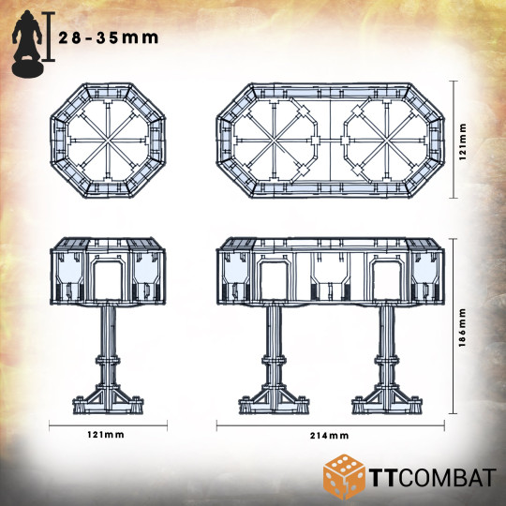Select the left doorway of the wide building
[x=275, y=280]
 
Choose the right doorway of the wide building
[x=387, y=280]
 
